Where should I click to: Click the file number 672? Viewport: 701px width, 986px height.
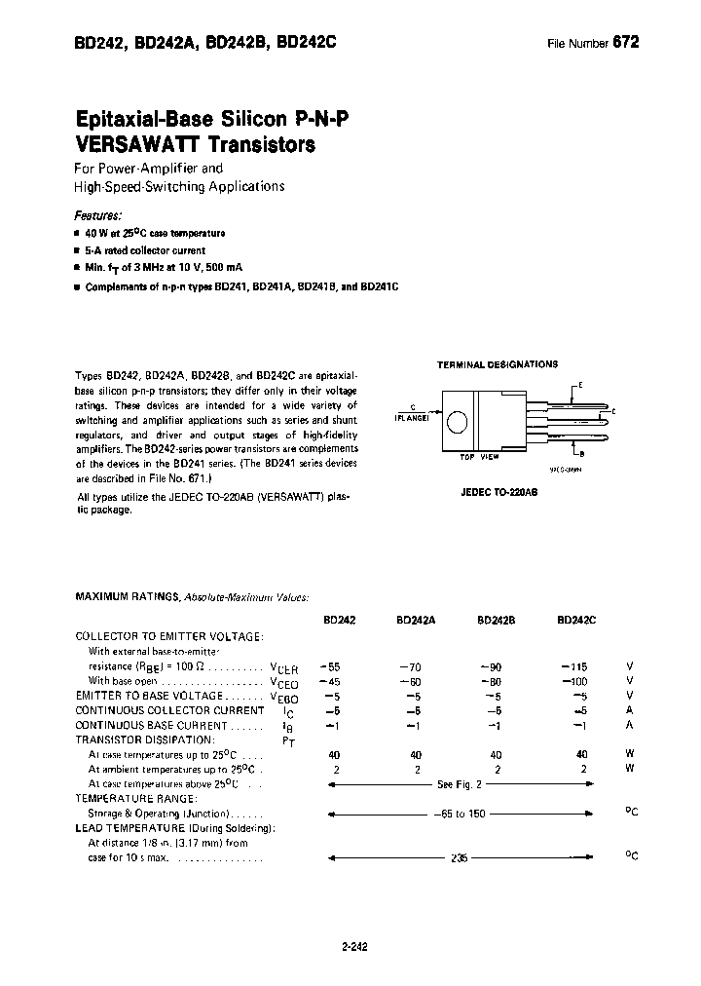pyautogui.click(x=626, y=43)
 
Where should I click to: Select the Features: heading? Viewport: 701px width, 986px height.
pyautogui.click(x=98, y=215)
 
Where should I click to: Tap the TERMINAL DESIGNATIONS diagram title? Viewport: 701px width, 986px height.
pyautogui.click(x=498, y=364)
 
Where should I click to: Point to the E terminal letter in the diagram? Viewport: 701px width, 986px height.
pyautogui.click(x=581, y=385)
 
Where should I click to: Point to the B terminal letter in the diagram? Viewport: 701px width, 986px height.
pyautogui.click(x=582, y=453)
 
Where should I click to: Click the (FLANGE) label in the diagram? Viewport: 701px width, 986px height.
pyautogui.click(x=413, y=417)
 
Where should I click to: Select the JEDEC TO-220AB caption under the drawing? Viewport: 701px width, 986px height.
pyautogui.click(x=499, y=493)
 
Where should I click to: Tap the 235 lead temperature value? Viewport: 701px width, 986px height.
pyautogui.click(x=460, y=858)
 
